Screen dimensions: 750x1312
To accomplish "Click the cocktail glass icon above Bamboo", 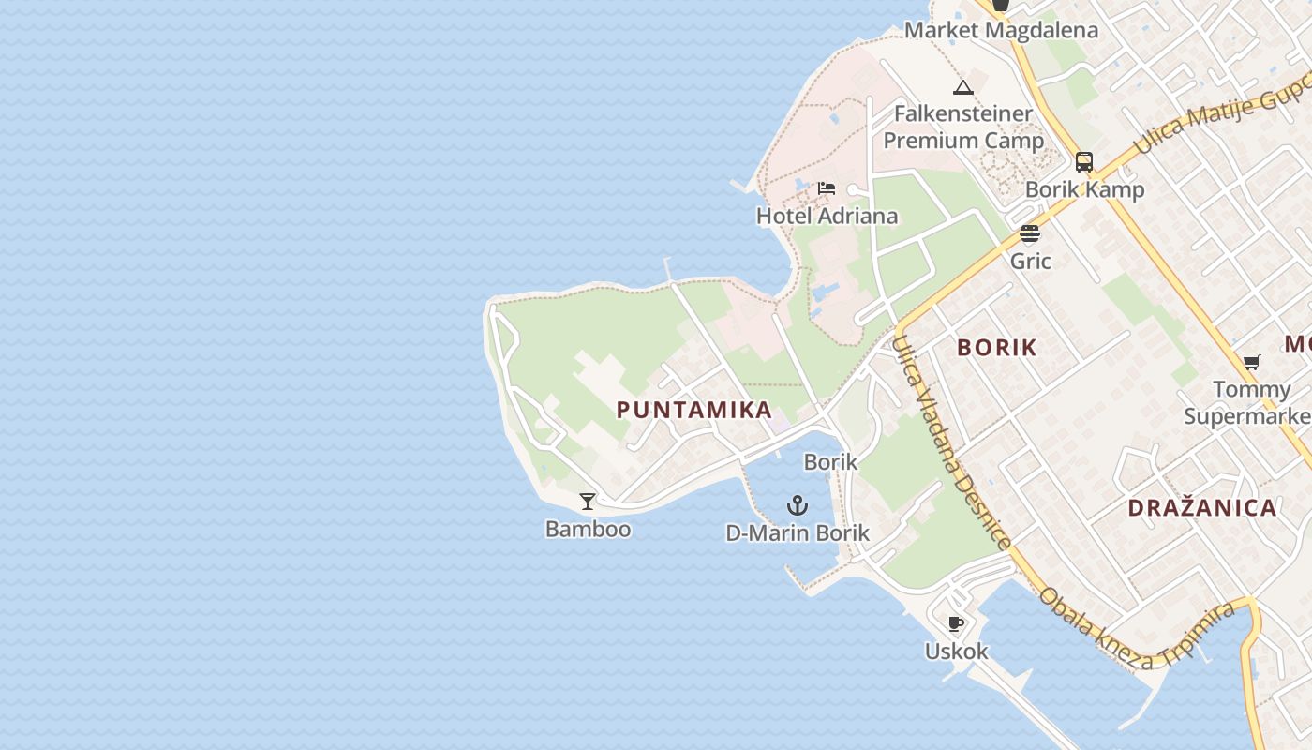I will [588, 502].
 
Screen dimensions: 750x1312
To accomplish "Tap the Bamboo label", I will [588, 529].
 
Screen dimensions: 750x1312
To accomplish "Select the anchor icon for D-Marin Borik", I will [797, 506].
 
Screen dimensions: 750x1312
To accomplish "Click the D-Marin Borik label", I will [798, 533].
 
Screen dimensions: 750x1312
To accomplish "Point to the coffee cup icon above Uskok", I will [956, 623].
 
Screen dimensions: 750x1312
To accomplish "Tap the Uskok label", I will [956, 651].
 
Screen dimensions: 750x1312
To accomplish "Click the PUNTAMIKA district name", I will [694, 410].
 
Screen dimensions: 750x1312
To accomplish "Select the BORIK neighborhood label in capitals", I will [997, 348].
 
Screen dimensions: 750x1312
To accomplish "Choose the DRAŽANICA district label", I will [1202, 508].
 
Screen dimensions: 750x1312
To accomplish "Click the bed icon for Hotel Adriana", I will [826, 188].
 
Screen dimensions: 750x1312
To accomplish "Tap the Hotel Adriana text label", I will [827, 216].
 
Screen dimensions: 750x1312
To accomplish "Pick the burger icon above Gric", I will [1030, 233].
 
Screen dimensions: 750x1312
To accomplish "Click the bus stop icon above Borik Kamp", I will [1084, 162].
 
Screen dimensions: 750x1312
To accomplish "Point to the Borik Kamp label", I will [1084, 189].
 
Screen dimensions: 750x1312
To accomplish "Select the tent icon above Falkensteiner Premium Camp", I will [963, 88].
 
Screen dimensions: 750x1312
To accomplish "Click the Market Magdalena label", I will [1001, 30].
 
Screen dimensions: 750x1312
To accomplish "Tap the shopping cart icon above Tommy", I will [1251, 362].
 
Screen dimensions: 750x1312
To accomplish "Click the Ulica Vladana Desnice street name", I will [950, 441].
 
